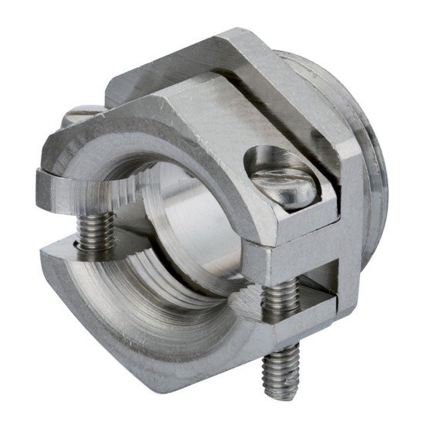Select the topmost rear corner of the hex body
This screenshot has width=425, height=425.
pos(232,35)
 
